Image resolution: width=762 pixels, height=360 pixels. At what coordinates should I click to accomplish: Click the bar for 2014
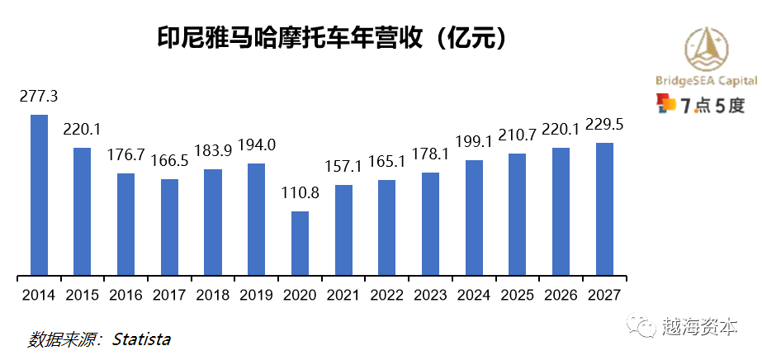coord(39,194)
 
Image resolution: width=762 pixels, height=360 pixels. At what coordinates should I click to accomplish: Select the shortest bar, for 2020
coord(300,243)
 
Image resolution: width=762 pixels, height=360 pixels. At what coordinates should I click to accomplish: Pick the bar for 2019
coord(256,219)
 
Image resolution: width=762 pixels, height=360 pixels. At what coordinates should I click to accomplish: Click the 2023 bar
coord(430,223)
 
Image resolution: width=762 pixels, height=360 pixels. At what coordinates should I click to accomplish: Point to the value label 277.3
coord(39,95)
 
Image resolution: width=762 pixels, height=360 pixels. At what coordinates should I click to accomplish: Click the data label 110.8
coord(300,193)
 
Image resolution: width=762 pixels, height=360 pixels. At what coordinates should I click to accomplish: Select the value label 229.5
coord(604,124)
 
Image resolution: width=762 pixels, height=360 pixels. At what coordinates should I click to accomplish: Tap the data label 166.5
coord(169,160)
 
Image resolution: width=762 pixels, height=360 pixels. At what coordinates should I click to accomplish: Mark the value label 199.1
coord(474,141)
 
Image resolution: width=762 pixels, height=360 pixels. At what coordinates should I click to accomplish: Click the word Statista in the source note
coord(141,339)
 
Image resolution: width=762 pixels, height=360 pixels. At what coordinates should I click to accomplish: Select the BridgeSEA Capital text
coord(705,81)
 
